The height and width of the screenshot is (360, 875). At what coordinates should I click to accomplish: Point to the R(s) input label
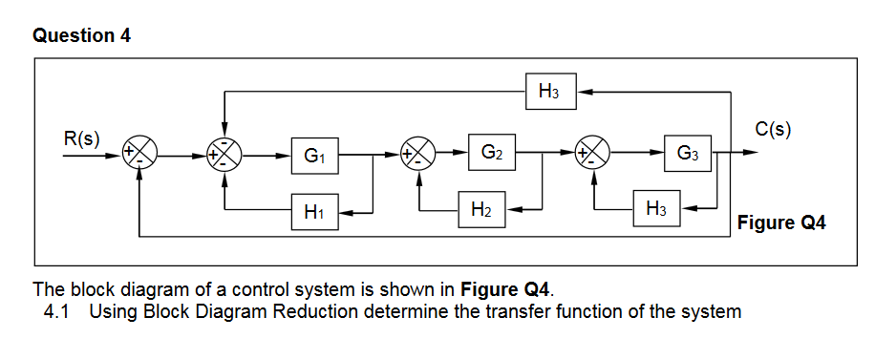point(81,137)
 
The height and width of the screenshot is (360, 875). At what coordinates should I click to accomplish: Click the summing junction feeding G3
point(594,152)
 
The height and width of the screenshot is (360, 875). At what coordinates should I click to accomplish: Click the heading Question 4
point(82,36)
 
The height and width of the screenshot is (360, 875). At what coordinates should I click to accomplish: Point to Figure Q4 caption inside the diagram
point(780,223)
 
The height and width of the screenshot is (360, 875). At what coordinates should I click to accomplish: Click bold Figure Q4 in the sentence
point(505,289)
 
